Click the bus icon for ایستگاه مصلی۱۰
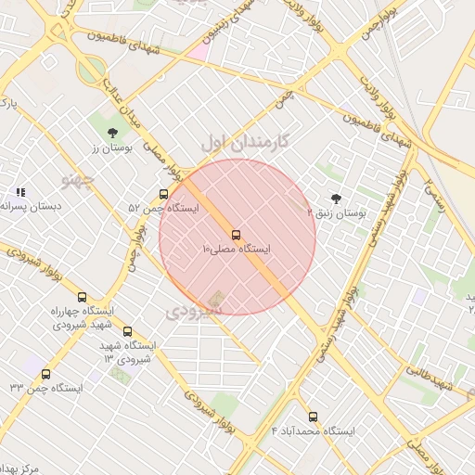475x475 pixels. click(x=236, y=235)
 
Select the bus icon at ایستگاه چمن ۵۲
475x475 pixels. click(x=163, y=195)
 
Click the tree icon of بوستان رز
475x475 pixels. click(x=113, y=133)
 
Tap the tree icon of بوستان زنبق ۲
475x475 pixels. click(x=336, y=199)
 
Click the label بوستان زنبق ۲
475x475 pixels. click(x=337, y=213)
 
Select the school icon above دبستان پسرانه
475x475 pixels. click(x=20, y=192)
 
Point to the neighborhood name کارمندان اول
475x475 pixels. click(x=246, y=142)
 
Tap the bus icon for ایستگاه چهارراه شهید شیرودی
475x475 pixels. click(x=83, y=297)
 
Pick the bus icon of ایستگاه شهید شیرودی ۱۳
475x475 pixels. click(x=127, y=331)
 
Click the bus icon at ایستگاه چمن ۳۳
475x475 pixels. click(x=45, y=374)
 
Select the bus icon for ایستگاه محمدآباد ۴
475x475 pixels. click(x=313, y=417)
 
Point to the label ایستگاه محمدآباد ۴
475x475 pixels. click(x=313, y=431)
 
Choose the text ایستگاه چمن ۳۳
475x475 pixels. click(x=45, y=388)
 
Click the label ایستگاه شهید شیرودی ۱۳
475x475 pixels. click(x=129, y=352)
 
